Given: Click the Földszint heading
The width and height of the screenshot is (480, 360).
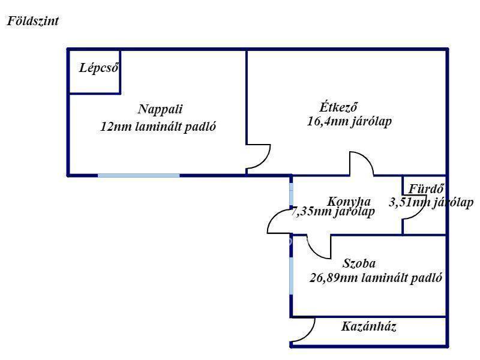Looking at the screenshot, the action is pos(33,22).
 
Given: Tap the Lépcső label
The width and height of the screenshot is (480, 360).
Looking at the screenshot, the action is pos(99,68).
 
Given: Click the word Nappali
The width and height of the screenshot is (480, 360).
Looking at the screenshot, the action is pos(160,109).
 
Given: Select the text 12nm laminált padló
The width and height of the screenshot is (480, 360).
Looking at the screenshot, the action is pos(158,127).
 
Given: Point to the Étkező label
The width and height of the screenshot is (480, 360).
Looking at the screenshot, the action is pos(338,107).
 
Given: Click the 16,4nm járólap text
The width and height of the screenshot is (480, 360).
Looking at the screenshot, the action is pos(349,122).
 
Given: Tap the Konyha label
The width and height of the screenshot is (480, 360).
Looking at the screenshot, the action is pos(349,202).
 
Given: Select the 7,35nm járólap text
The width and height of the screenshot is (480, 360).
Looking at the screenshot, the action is pos(333,212).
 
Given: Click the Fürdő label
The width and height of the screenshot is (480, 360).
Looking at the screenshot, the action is pos(426,189).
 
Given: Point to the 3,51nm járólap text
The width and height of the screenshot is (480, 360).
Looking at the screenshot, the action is pos(431,202).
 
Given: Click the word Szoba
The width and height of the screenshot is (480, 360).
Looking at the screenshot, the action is pos(359,263).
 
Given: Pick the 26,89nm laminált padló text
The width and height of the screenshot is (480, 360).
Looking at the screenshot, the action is pos(376,278).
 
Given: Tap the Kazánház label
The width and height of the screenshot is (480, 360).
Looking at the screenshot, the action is pos(369,326).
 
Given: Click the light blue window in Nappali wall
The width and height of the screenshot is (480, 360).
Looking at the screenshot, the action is pos(139,175).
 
